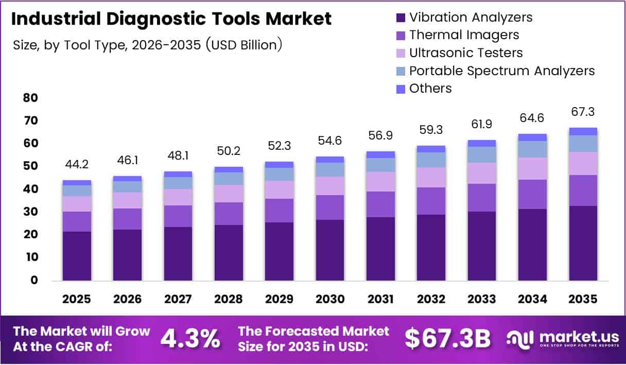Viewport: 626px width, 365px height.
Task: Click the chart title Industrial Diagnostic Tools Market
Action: (171, 19)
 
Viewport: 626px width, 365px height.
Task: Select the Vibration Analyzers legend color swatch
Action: (400, 18)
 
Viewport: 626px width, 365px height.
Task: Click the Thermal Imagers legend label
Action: (464, 35)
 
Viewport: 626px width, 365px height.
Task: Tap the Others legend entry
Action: (430, 89)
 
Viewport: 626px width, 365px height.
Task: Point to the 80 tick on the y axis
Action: (31, 98)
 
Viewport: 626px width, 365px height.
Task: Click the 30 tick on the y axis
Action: (31, 212)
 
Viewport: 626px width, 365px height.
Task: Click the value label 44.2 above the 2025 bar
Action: (77, 165)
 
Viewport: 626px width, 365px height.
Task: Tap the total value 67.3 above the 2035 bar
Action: (583, 112)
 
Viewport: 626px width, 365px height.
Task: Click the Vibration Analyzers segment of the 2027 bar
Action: (178, 253)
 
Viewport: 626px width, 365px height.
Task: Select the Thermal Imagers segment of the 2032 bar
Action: (431, 201)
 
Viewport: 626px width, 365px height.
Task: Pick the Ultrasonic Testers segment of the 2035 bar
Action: (583, 163)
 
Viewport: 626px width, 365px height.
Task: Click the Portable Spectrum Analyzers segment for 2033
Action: (482, 154)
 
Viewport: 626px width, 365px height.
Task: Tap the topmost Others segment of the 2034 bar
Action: (532, 137)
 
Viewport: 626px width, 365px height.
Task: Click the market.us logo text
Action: (579, 337)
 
